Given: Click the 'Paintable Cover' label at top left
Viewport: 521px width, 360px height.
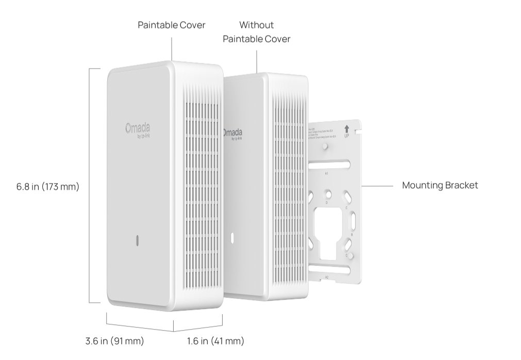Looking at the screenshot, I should (x=171, y=25).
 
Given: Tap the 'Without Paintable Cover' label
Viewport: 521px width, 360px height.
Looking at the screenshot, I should (x=256, y=31).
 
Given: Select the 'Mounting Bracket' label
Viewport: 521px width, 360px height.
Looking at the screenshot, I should (x=440, y=185).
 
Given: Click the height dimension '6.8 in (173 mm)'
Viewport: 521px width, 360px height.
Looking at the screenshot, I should (x=47, y=186).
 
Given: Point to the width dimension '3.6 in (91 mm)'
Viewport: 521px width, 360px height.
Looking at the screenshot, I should (x=114, y=341).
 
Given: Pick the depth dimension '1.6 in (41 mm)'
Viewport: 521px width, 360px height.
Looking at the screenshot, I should (x=215, y=341).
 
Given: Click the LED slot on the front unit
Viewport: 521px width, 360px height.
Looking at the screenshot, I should (x=137, y=240).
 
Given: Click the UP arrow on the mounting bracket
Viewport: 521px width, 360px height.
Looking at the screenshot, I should (x=346, y=129).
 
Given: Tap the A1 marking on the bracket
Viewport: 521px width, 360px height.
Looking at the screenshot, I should (x=327, y=174).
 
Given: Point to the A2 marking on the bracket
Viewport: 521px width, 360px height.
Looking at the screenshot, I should (x=327, y=277).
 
